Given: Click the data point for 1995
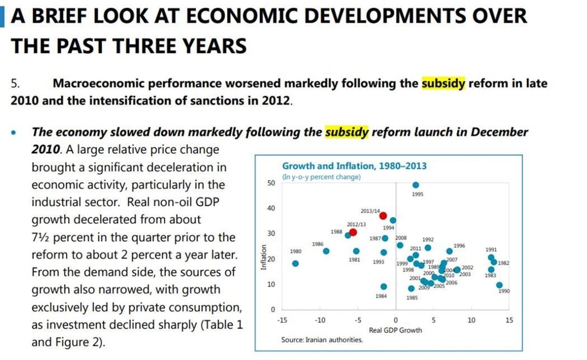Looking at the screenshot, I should point(416,185).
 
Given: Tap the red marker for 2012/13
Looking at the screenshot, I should point(353,232).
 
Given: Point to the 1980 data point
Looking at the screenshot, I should point(295,264).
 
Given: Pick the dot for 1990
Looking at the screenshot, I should point(499,285).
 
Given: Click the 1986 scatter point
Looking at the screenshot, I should point(326,251).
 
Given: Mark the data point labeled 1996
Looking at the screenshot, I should point(449,251).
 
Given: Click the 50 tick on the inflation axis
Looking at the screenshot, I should point(271,183).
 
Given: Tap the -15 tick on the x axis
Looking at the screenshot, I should point(282,320).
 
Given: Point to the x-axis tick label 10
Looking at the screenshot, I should point(471,320).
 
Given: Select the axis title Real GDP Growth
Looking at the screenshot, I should point(395,330).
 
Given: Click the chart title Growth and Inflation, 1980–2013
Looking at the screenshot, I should point(354,166).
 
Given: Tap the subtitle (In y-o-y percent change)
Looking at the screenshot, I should point(321,177).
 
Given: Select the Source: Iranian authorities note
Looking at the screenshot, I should point(322,340).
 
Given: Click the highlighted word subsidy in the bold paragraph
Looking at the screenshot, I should point(443,84).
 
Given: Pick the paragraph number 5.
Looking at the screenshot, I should point(16,84).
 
